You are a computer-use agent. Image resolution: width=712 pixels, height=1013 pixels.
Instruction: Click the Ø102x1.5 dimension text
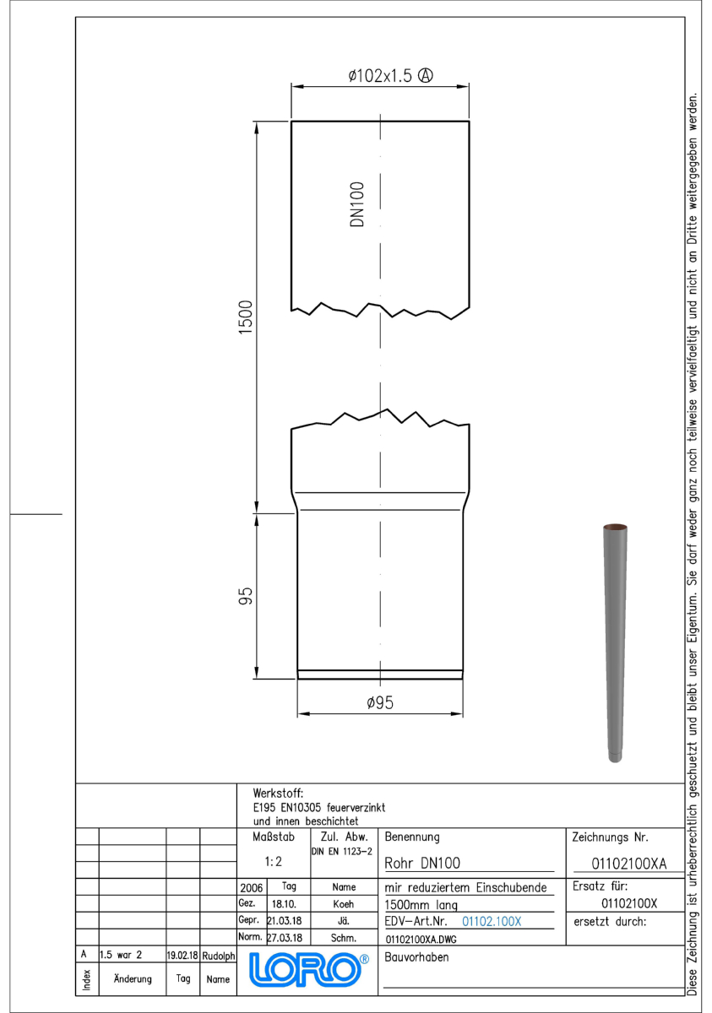(380, 75)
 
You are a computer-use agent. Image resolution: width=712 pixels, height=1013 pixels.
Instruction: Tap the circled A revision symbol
(425, 75)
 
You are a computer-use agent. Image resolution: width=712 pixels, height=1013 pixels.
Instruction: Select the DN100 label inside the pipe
(357, 204)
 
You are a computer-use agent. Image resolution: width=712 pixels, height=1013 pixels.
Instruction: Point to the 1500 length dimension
(245, 317)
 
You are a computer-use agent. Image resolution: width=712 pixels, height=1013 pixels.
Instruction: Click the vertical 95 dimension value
(245, 596)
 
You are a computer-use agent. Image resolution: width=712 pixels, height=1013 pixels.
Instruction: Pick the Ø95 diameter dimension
(380, 702)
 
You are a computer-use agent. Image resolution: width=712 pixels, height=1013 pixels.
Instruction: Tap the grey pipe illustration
(615, 642)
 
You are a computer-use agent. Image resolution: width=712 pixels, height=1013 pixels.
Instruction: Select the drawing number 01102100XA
(628, 864)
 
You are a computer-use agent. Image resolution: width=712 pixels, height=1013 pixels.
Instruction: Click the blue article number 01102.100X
(492, 921)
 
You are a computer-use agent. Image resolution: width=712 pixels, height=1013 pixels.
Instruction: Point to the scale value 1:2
(273, 862)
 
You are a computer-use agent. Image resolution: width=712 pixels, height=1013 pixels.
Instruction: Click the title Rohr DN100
(422, 863)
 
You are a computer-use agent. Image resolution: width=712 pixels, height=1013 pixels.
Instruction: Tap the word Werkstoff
(278, 794)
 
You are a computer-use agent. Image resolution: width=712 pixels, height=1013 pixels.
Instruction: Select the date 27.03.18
(285, 938)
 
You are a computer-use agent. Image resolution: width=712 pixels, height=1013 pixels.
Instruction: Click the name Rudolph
(219, 956)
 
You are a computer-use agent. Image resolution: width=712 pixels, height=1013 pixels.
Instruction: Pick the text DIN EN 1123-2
(341, 852)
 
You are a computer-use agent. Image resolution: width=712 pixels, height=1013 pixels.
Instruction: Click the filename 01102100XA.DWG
(421, 940)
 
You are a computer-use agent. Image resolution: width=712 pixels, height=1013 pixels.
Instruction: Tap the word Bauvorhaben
(416, 957)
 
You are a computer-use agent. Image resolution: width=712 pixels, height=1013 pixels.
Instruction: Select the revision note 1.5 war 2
(121, 955)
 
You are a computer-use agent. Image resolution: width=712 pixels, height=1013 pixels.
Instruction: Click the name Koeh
(344, 904)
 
